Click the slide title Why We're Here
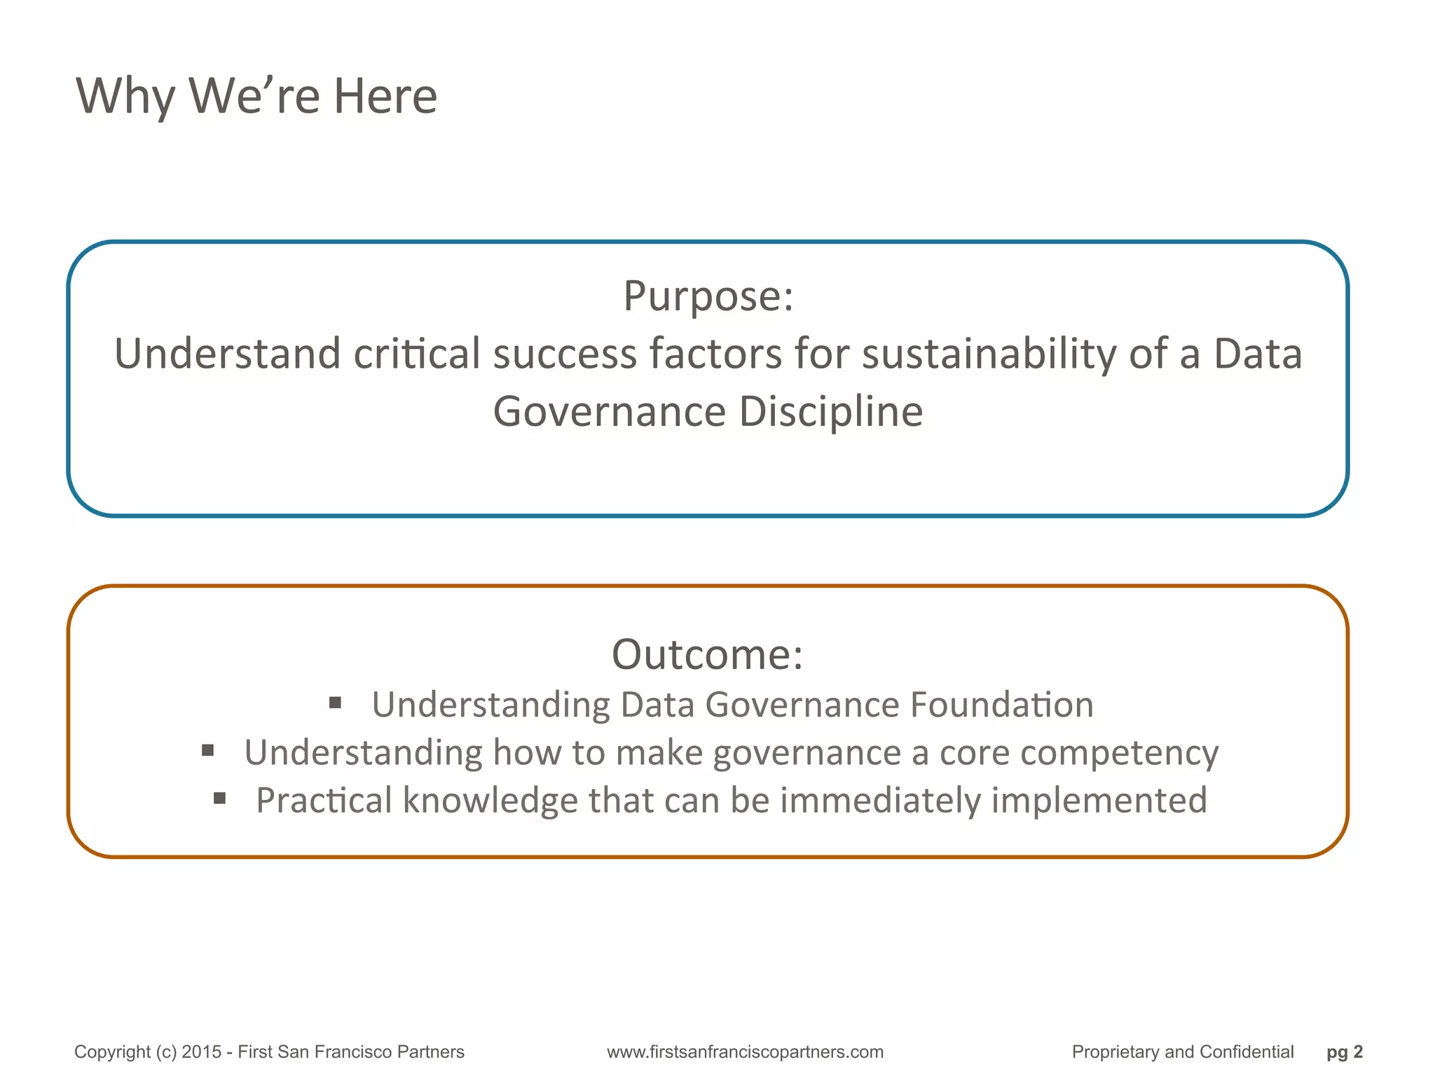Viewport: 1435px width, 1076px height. [256, 96]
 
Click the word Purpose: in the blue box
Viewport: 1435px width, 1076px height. [708, 296]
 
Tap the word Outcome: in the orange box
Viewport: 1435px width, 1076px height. [707, 655]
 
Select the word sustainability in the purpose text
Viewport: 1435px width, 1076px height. [989, 354]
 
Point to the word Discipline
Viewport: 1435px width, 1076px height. [831, 411]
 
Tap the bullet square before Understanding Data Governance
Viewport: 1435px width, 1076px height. [335, 703]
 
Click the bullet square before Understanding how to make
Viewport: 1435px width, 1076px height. [207, 751]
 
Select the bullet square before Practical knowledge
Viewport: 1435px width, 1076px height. [219, 799]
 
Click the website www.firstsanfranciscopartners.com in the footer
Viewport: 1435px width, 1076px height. [745, 1052]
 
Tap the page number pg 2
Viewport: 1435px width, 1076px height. [1344, 1052]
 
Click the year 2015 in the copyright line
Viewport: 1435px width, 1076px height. [201, 1052]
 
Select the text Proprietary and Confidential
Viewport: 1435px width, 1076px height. [1182, 1052]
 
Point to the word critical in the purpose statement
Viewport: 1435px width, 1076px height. [416, 354]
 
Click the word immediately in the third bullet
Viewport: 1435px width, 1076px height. [879, 801]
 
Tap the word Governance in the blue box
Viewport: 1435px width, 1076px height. [609, 411]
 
